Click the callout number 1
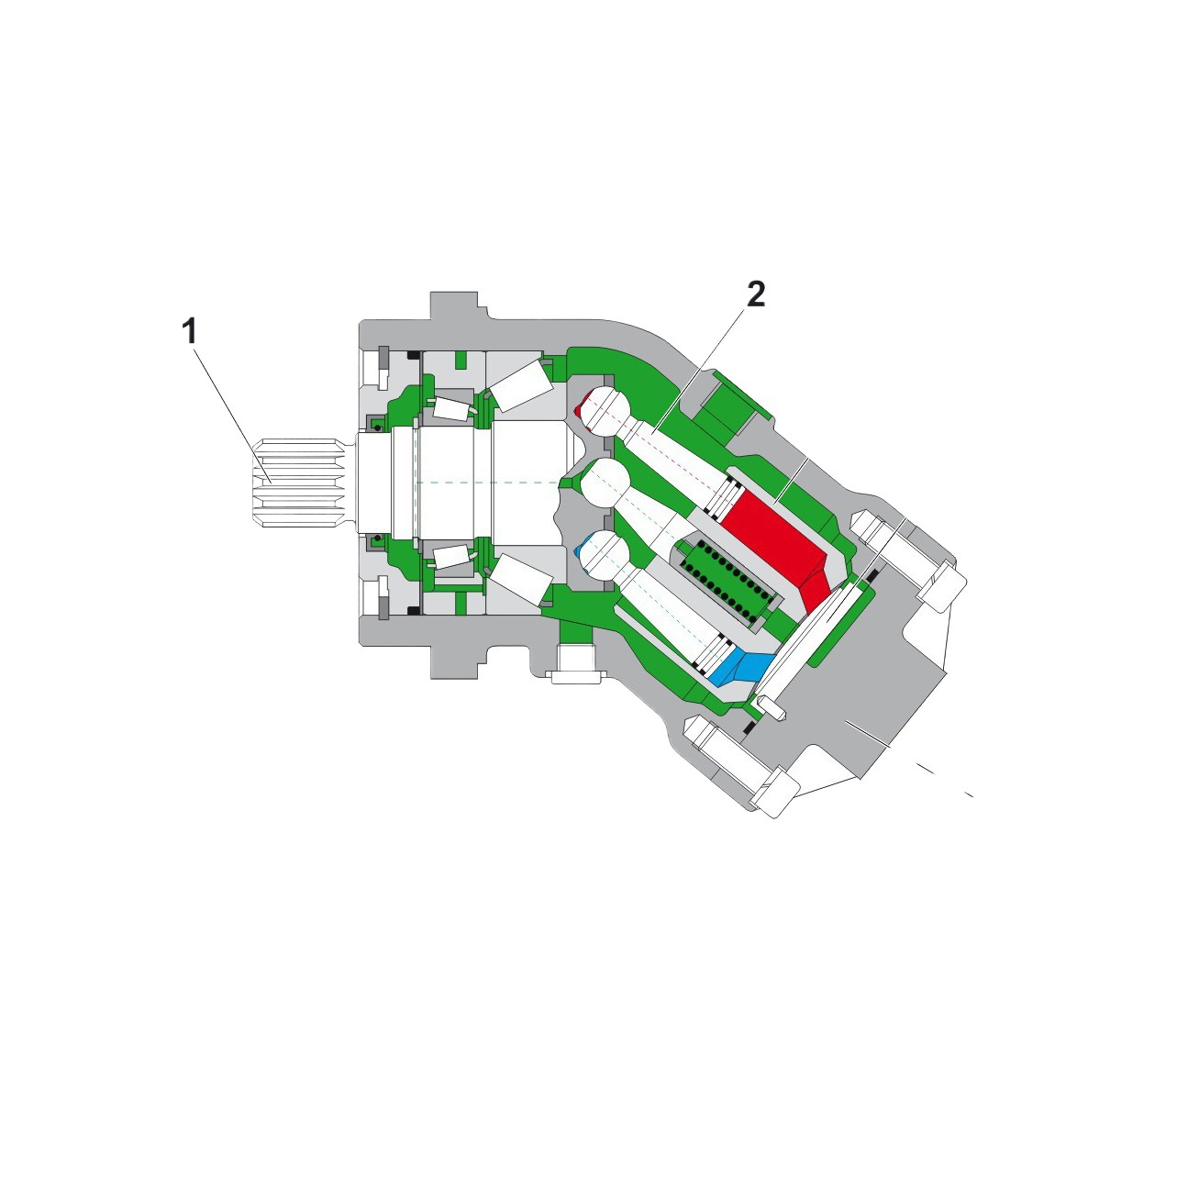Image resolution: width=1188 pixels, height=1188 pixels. click(x=190, y=332)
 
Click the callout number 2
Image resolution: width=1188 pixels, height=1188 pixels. click(x=755, y=295)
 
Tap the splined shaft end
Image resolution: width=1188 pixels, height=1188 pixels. click(x=299, y=483)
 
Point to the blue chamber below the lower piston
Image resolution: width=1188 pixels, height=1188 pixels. click(x=748, y=666)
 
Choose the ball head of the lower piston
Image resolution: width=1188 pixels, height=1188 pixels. click(x=603, y=554)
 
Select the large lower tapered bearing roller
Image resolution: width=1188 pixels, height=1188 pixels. click(x=521, y=581)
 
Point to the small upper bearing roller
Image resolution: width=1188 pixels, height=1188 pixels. click(x=450, y=408)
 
